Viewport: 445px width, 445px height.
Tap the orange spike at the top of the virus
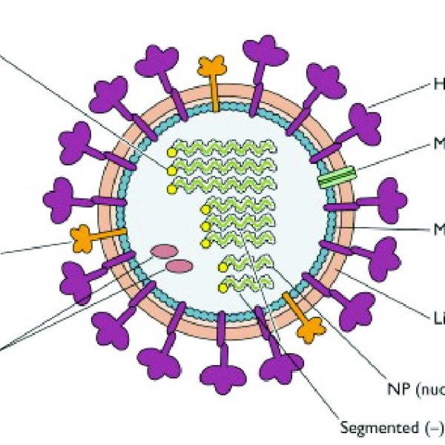pos(212,70)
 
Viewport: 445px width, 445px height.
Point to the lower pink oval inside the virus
pos(179,266)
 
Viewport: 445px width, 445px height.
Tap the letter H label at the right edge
pos(438,86)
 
